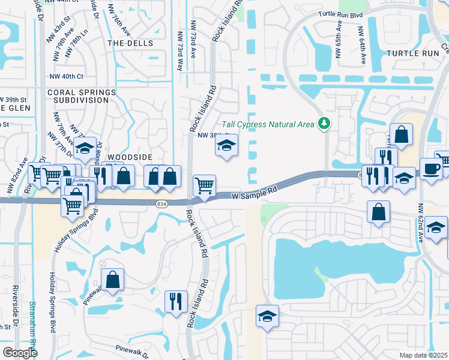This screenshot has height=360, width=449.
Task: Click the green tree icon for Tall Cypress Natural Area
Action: pyautogui.click(x=325, y=124)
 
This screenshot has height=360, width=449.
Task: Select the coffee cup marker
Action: pyautogui.click(x=430, y=168)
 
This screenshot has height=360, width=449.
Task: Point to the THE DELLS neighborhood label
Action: pyautogui.click(x=130, y=44)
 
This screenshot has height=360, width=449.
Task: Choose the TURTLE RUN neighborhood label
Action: pyautogui.click(x=413, y=53)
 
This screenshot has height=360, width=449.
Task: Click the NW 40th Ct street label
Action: pyautogui.click(x=67, y=76)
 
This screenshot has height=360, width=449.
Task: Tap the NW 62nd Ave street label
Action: pyautogui.click(x=421, y=222)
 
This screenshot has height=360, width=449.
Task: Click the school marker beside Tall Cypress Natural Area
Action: pyautogui.click(x=226, y=145)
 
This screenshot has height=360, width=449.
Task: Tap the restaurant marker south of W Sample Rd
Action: pyautogui.click(x=176, y=302)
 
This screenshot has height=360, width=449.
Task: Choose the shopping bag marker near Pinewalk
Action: pyautogui.click(x=113, y=279)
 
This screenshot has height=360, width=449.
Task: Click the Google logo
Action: pyautogui.click(x=19, y=353)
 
